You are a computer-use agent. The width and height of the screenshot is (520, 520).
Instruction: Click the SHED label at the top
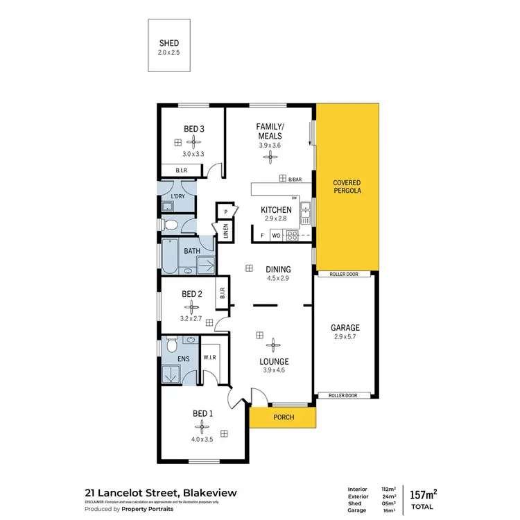pyautogui.click(x=169, y=43)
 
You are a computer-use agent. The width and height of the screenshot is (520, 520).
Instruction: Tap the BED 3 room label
pyautogui.click(x=193, y=128)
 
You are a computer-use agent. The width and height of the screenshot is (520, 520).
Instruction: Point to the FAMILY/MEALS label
pyautogui.click(x=270, y=131)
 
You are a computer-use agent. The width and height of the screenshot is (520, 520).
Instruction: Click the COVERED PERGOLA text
pyautogui.click(x=347, y=185)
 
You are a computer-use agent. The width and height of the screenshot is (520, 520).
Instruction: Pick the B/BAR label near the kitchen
pyautogui.click(x=295, y=179)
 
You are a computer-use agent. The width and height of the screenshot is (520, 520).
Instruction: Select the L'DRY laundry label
pyautogui.click(x=178, y=197)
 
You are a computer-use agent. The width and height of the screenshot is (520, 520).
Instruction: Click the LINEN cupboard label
pyautogui.click(x=226, y=232)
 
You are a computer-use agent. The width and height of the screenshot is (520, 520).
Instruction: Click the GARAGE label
pyautogui.click(x=344, y=328)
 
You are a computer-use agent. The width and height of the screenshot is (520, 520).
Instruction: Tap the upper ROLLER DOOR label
pyautogui.click(x=344, y=275)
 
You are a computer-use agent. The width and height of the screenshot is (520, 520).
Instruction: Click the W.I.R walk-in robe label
pyautogui.click(x=209, y=358)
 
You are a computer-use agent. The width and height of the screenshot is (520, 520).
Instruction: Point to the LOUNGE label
pyautogui.click(x=275, y=361)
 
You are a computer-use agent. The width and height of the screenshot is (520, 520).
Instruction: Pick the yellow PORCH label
pyautogui.click(x=284, y=417)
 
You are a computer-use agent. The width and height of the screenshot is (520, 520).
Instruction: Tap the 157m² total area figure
pyautogui.click(x=422, y=494)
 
